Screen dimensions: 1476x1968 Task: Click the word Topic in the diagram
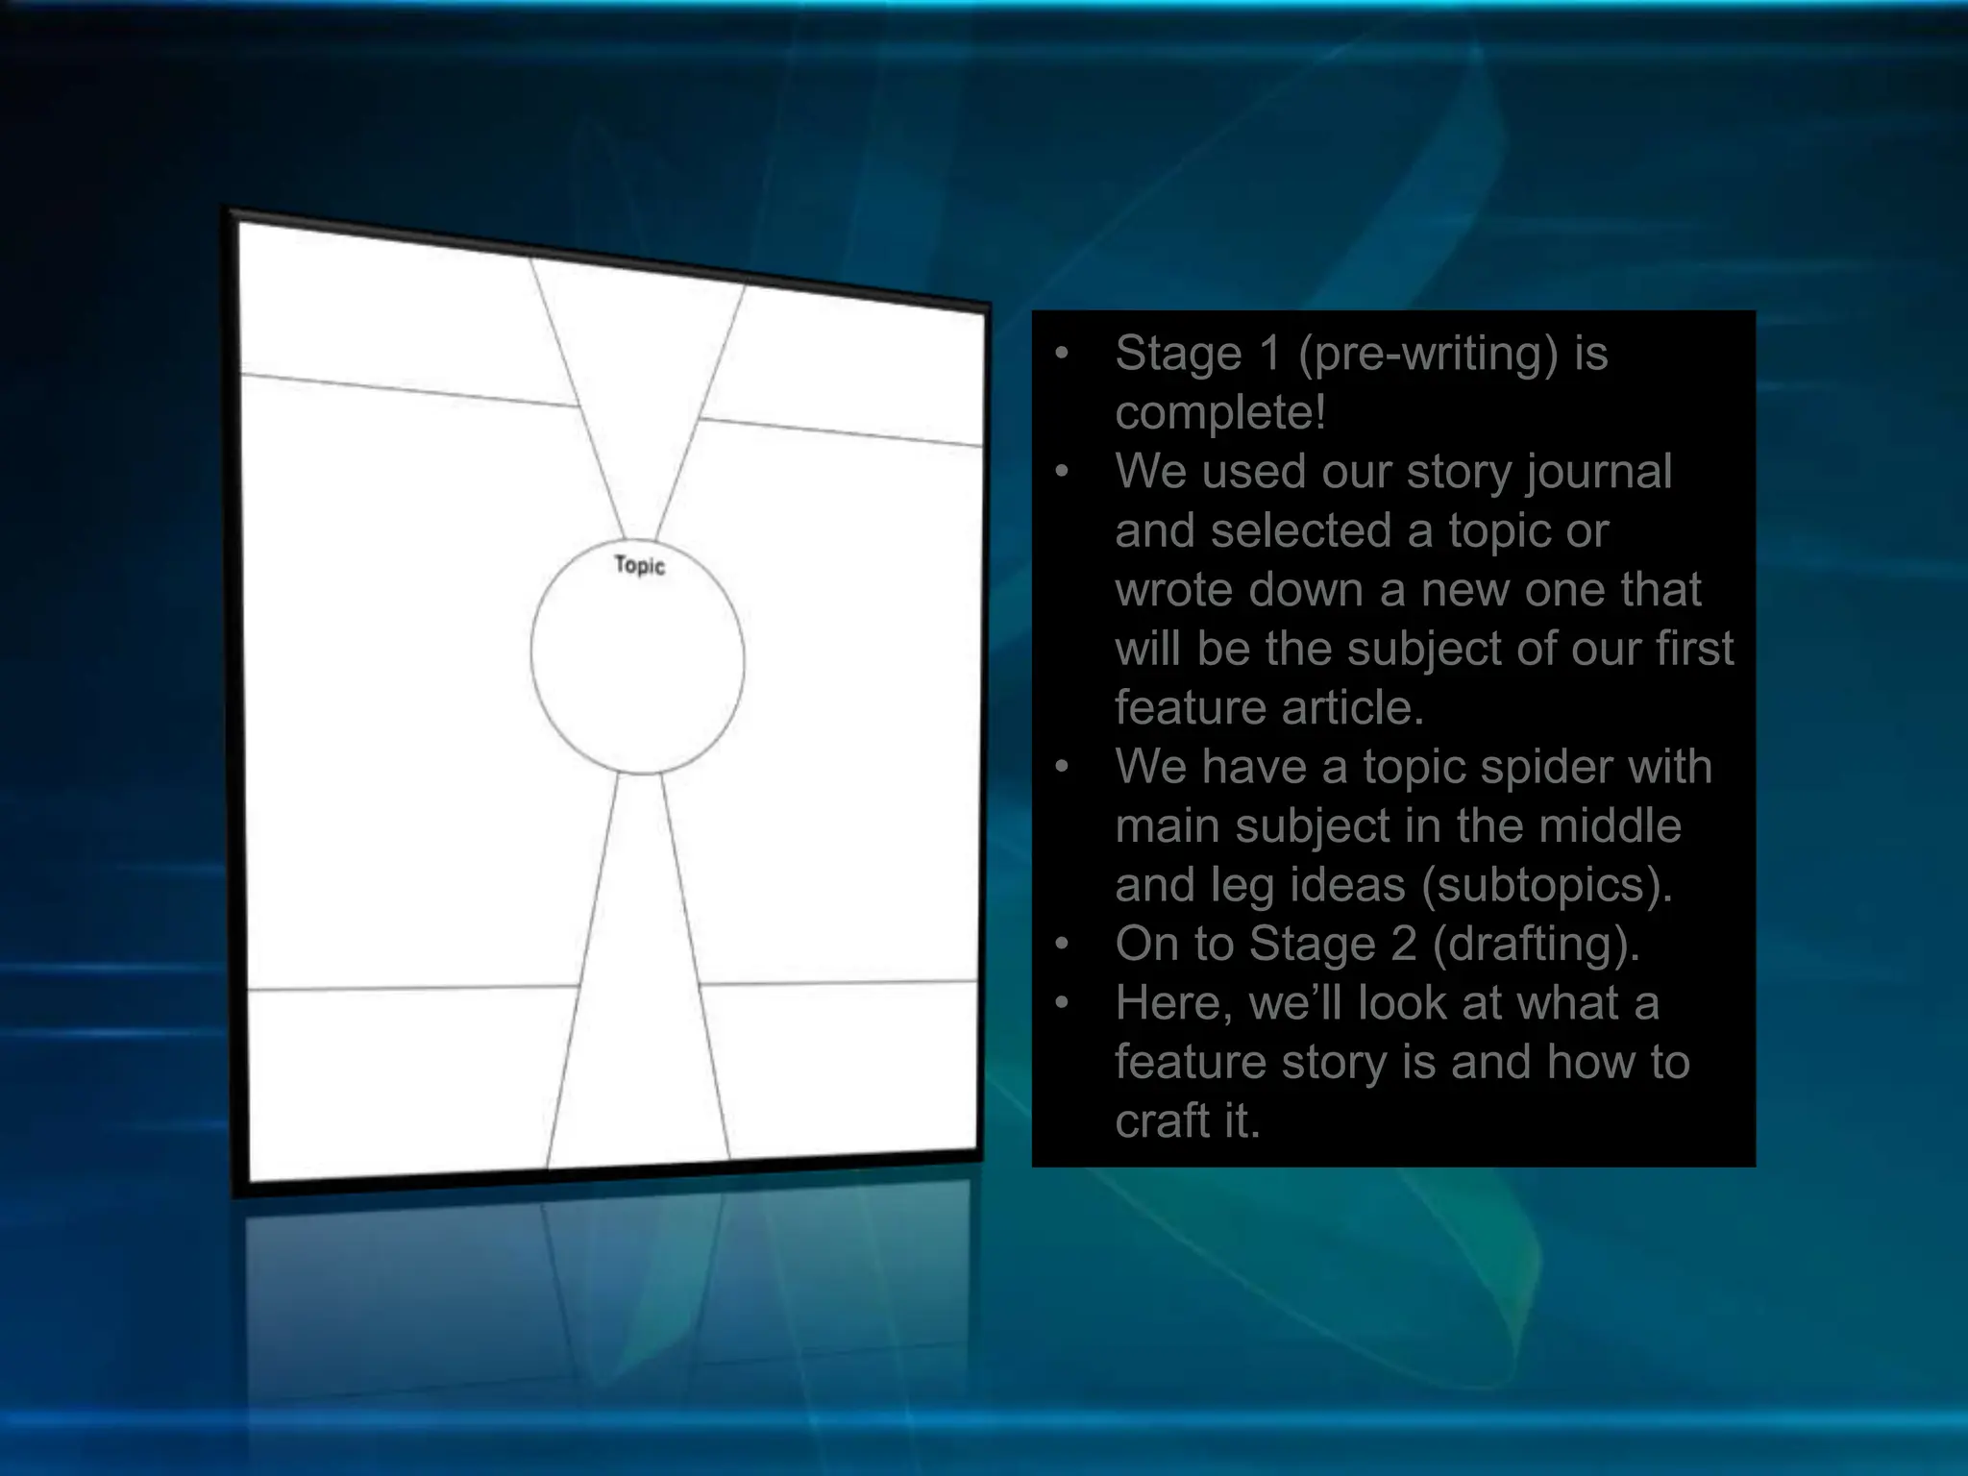click(x=639, y=565)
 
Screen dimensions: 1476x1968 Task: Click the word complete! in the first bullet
click(x=1220, y=413)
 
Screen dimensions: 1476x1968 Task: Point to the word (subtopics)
click(x=1547, y=885)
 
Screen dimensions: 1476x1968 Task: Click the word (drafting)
click(x=1536, y=944)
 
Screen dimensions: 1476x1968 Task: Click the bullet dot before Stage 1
click(x=1062, y=354)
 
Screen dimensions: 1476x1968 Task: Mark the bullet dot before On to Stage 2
click(x=1062, y=944)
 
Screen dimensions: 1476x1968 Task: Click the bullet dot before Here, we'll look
click(x=1062, y=1003)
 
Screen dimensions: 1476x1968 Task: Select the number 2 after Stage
click(x=1404, y=944)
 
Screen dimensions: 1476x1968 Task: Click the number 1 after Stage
click(x=1269, y=354)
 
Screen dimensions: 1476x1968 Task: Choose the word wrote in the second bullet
click(x=1168, y=590)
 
